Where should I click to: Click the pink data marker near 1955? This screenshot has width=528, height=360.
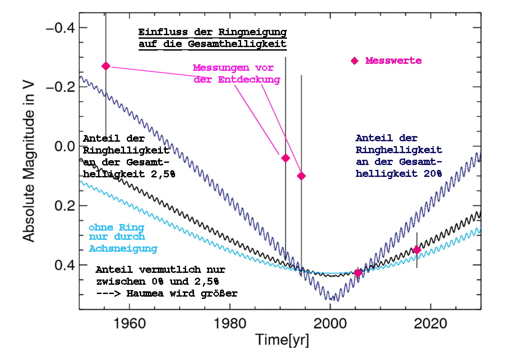tap(106, 66)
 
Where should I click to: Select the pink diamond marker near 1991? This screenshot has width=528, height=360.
tap(285, 158)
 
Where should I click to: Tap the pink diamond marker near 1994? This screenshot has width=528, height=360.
tap(301, 176)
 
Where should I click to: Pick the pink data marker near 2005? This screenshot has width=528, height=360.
tap(358, 273)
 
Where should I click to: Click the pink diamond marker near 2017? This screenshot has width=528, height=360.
tap(417, 250)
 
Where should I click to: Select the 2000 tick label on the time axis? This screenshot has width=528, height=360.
tap(330, 323)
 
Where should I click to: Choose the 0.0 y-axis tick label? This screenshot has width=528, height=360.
tap(63, 147)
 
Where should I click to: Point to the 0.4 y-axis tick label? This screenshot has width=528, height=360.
tap(63, 265)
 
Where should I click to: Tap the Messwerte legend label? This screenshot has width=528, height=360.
tap(393, 61)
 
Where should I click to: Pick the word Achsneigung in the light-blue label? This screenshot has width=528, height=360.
tap(123, 249)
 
